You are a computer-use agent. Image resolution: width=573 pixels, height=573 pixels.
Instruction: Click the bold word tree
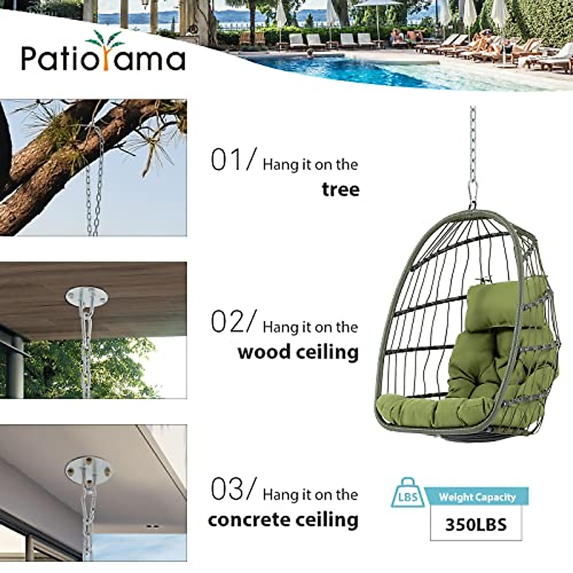click(x=340, y=190)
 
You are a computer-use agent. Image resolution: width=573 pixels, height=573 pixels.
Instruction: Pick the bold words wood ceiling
click(x=298, y=352)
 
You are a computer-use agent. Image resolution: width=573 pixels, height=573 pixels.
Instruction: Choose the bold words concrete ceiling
click(x=283, y=520)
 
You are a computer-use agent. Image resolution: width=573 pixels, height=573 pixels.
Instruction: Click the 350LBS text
click(x=476, y=524)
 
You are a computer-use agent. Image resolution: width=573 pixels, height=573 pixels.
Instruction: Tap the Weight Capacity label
click(x=477, y=497)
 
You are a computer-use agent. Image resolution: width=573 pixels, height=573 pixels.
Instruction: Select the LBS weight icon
click(x=407, y=494)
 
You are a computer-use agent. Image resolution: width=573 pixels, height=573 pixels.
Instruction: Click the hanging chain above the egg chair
click(x=473, y=143)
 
